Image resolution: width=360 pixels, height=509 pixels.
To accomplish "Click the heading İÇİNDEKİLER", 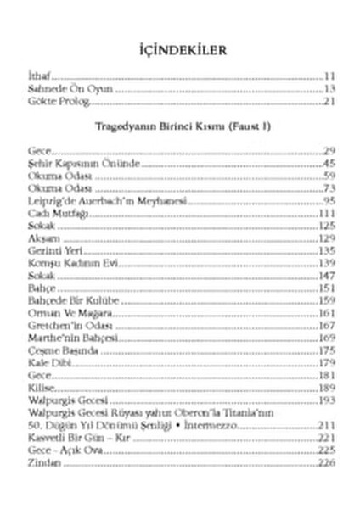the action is (x=180, y=52).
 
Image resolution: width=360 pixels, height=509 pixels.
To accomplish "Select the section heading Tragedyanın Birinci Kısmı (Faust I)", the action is (x=180, y=126).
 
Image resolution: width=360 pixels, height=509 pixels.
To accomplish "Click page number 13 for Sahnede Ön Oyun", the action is (x=329, y=89).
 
